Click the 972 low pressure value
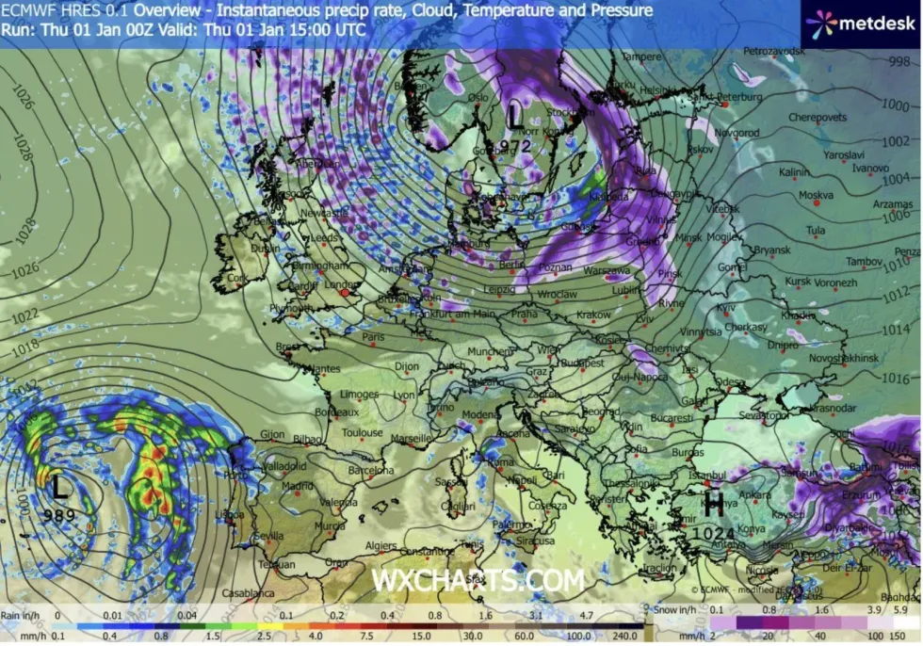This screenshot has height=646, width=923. pyautogui.click(x=516, y=145)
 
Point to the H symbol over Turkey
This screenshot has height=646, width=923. pyautogui.click(x=714, y=505)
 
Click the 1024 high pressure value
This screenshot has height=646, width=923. pyautogui.click(x=714, y=532)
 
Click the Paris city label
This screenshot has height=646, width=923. pyautogui.click(x=374, y=336)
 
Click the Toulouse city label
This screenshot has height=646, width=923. pyautogui.click(x=363, y=433)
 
